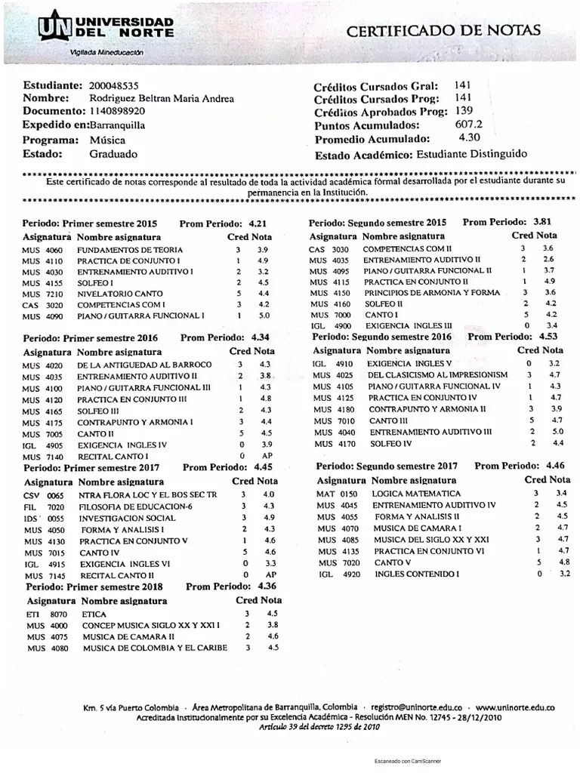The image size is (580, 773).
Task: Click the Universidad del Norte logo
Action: click(106, 31)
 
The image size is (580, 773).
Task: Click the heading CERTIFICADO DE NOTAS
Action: click(443, 30)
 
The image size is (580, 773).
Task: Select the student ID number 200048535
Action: click(113, 85)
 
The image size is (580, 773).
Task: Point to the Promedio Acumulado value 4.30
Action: click(469, 139)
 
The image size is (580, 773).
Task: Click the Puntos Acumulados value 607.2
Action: click(469, 125)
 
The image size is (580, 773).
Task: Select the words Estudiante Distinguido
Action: click(471, 154)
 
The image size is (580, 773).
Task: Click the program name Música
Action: click(107, 140)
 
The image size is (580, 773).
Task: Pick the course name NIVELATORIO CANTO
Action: click(116, 292)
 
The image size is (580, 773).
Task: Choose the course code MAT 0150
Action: click(337, 493)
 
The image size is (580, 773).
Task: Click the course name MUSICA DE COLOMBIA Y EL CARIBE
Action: click(155, 647)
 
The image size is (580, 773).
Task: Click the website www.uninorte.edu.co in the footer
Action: click(516, 708)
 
